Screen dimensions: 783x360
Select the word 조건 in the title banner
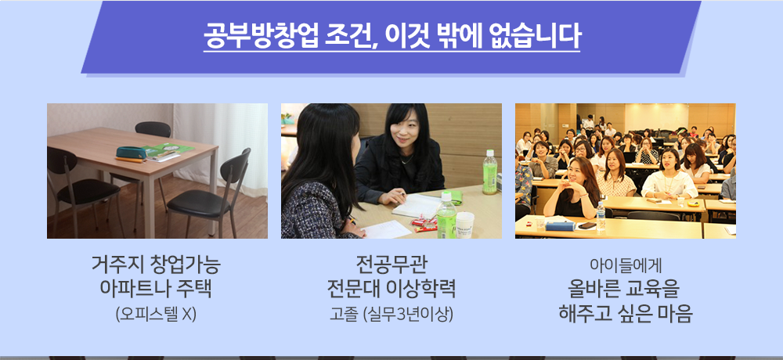pos(352,36)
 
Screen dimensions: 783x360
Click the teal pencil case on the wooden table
pos(132,152)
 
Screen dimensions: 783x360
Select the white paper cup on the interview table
pos(464,225)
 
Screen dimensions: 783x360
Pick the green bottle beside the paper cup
pos(446,215)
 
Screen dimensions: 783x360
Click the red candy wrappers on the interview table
pos(424,224)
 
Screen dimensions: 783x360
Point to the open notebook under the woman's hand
pos(417,206)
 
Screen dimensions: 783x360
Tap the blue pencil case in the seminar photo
pos(561,225)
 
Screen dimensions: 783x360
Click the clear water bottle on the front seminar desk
pos(601,216)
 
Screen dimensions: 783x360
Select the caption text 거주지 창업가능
pos(157,265)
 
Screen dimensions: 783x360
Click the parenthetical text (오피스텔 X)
pos(157,314)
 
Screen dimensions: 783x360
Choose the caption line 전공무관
pos(391,265)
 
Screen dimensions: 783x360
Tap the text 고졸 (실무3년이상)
pos(391,314)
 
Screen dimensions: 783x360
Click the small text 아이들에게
pos(626,265)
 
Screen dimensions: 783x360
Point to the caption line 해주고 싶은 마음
pos(626,313)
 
